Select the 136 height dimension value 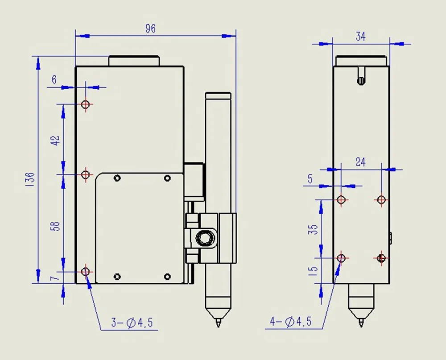pyautogui.click(x=29, y=179)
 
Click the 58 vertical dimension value pyautogui.click(x=56, y=226)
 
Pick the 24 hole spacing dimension pyautogui.click(x=360, y=162)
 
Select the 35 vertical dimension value pyautogui.click(x=314, y=229)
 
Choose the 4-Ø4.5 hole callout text pyautogui.click(x=291, y=321)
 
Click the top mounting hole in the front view pyautogui.click(x=86, y=104)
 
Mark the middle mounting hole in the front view pyautogui.click(x=86, y=174)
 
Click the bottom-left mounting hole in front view pyautogui.click(x=86, y=271)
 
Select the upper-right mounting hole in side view pyautogui.click(x=381, y=199)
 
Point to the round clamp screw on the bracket pyautogui.click(x=205, y=238)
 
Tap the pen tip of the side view pyautogui.click(x=361, y=323)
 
